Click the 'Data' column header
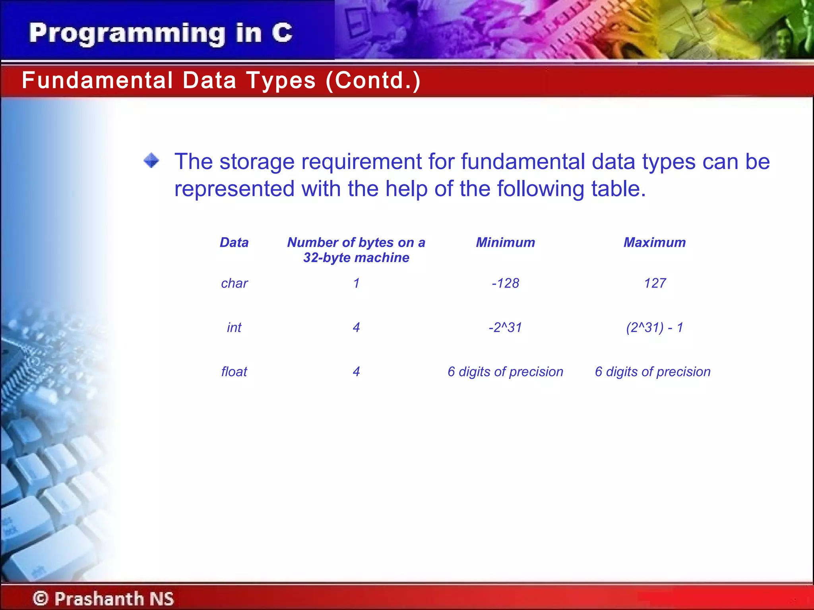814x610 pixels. coord(234,242)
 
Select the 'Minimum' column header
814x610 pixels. coord(505,242)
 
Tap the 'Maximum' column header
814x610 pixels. coord(654,242)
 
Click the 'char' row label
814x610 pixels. coord(234,283)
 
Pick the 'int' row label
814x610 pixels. coord(234,328)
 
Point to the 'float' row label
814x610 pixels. coord(234,372)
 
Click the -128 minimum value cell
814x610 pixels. coord(505,283)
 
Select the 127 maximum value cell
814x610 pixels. coord(655,283)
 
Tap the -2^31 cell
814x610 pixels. coord(505,328)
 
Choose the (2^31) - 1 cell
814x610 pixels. coord(654,328)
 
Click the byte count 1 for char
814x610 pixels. coord(356,283)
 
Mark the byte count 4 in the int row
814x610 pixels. coord(356,328)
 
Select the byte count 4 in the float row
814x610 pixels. coord(356,372)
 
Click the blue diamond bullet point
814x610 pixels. coord(151,161)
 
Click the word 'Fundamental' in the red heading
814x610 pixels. coord(97,80)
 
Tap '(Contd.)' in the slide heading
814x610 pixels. coord(373,80)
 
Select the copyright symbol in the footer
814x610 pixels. coord(41,598)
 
